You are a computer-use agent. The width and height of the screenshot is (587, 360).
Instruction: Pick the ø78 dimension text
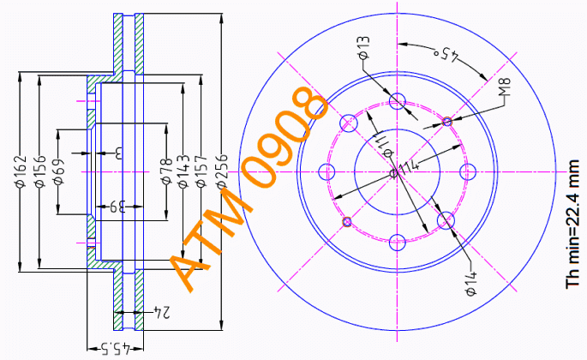coord(166,172)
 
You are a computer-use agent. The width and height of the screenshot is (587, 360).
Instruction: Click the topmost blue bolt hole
coord(397,102)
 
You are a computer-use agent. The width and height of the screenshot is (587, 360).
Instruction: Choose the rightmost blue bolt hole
coord(468,172)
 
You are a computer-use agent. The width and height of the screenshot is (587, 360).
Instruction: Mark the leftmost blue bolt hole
coord(326,172)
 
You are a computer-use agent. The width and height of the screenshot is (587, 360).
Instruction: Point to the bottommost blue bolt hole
coord(397,243)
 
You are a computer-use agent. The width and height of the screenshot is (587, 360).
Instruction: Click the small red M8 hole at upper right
coord(446,122)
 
